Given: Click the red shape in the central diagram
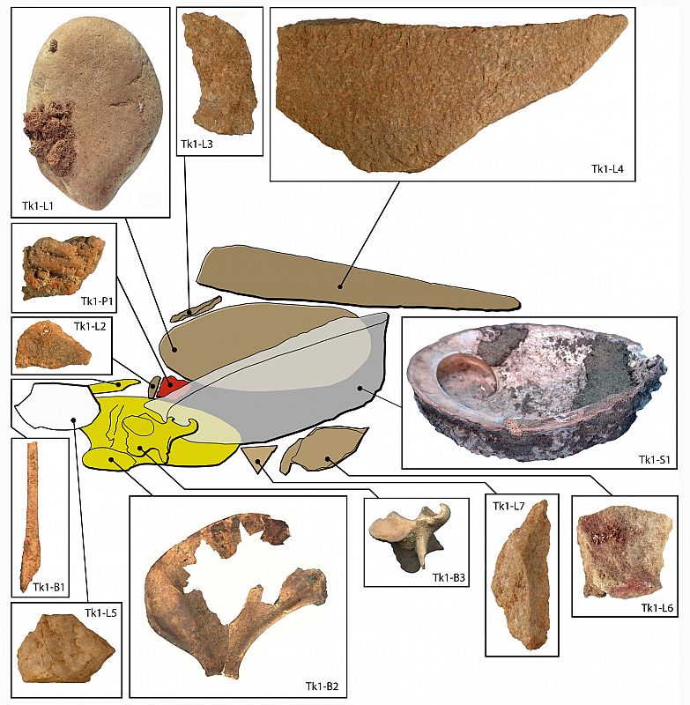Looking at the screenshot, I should [x=173, y=385].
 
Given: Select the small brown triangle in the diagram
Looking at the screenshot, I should [x=258, y=456].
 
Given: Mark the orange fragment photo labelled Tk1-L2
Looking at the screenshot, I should [x=52, y=346].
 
